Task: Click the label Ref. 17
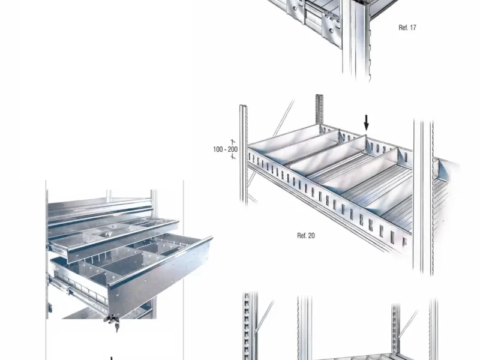(407, 28)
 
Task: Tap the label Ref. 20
(306, 235)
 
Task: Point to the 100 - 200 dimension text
(226, 149)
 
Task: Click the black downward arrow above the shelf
(366, 123)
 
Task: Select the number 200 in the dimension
(233, 149)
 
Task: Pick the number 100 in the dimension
(218, 149)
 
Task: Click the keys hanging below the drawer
(116, 328)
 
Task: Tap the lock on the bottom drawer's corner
(112, 319)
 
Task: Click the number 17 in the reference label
(413, 28)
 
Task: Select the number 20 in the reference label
(311, 235)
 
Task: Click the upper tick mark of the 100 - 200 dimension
(233, 142)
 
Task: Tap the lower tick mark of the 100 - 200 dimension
(233, 157)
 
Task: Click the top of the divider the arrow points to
(366, 135)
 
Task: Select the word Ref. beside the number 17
(403, 28)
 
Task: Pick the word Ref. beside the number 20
(302, 235)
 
